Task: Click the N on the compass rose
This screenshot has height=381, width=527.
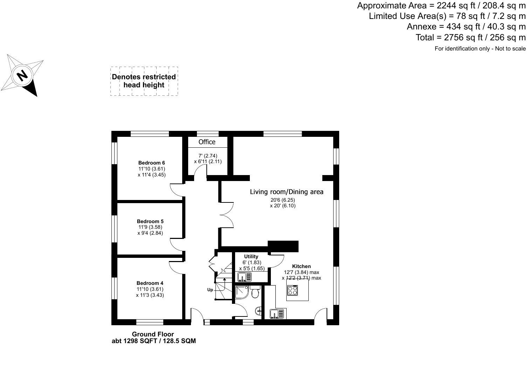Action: [22, 76]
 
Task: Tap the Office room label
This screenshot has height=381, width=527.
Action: [207, 142]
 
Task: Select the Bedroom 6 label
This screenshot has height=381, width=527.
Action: [151, 162]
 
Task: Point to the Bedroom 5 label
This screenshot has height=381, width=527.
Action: [150, 221]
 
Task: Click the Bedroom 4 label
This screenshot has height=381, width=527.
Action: [150, 283]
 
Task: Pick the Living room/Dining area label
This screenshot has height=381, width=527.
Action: [287, 192]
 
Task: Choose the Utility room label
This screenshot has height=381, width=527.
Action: [251, 256]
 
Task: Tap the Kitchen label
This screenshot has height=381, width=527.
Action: [301, 266]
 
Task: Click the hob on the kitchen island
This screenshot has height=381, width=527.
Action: [293, 290]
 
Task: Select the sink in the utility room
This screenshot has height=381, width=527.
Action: [245, 277]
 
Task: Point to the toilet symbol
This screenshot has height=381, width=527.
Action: [255, 292]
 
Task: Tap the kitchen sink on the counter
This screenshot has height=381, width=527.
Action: [278, 314]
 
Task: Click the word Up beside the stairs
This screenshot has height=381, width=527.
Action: [210, 289]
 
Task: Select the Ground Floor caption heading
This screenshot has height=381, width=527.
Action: [153, 334]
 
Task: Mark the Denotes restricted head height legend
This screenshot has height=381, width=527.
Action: [144, 81]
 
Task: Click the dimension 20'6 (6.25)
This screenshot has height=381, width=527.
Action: [282, 200]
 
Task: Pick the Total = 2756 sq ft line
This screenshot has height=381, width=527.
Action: [471, 37]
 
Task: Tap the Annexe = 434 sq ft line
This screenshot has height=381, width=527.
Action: [466, 26]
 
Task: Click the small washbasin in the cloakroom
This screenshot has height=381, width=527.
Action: [258, 311]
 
